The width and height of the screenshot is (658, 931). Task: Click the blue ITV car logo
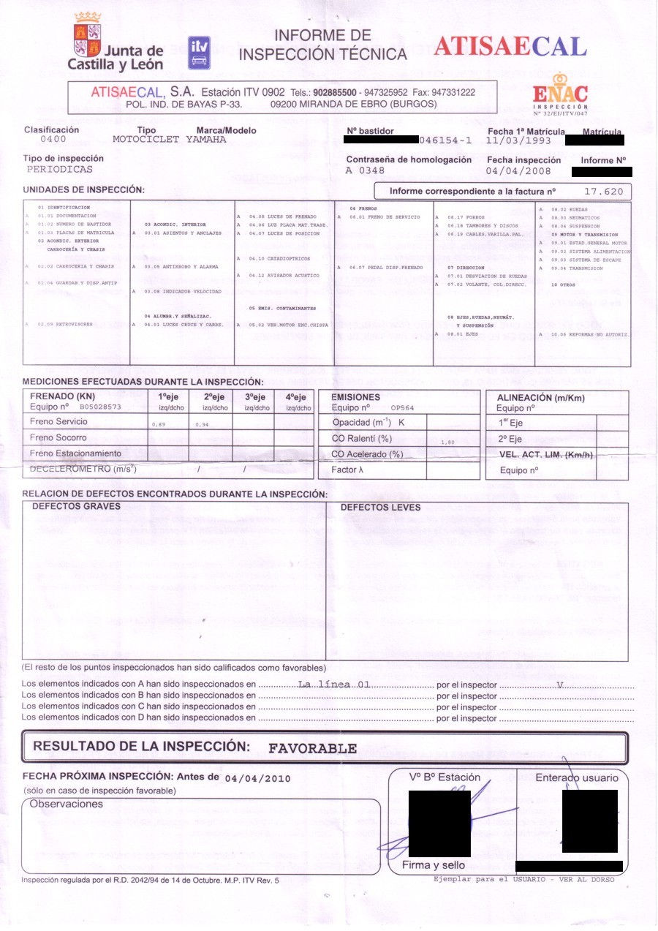click(199, 53)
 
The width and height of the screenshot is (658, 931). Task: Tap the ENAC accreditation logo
click(560, 93)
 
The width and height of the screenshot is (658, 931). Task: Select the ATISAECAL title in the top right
click(510, 47)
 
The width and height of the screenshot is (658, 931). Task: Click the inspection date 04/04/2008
click(518, 171)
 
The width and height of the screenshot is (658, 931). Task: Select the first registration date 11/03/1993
click(518, 140)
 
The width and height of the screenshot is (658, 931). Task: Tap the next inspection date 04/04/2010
click(257, 778)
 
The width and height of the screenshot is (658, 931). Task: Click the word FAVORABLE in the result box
click(313, 748)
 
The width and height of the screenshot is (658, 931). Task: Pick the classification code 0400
click(53, 139)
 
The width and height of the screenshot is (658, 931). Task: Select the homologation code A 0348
click(366, 170)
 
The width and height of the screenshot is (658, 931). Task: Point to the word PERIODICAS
click(60, 169)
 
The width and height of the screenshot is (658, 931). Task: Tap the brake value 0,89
click(158, 424)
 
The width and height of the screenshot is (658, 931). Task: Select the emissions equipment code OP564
click(403, 407)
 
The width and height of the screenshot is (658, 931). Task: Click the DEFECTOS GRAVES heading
click(77, 506)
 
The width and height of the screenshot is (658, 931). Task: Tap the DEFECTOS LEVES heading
click(380, 507)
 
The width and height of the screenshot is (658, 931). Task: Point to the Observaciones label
click(67, 804)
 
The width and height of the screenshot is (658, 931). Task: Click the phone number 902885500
click(335, 93)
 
